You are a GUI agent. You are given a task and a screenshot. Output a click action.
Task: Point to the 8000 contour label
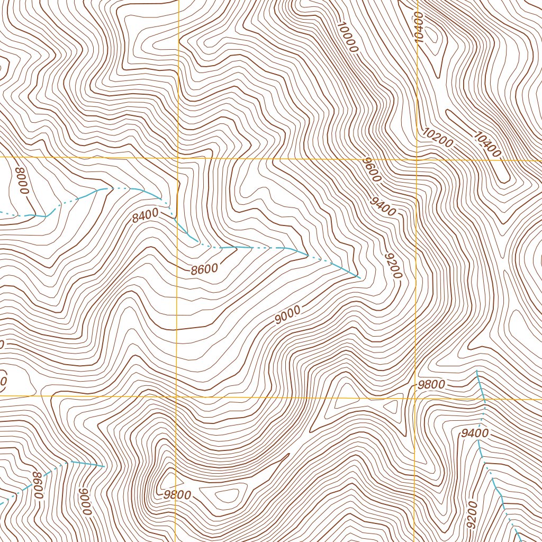point(22,180)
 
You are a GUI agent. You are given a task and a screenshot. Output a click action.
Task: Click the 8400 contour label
point(146,215)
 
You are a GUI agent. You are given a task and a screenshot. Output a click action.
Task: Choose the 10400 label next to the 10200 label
point(486,144)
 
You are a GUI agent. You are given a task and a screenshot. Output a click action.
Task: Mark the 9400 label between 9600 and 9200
point(383,207)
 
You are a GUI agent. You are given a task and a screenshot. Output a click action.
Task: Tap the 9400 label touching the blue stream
point(474,433)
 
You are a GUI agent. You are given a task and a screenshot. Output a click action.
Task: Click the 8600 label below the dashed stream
point(205,269)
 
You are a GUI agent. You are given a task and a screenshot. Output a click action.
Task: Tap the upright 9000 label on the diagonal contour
point(287,315)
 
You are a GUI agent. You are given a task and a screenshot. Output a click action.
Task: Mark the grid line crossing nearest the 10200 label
point(417,159)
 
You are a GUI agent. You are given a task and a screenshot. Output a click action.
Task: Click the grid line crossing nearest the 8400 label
point(178,158)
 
